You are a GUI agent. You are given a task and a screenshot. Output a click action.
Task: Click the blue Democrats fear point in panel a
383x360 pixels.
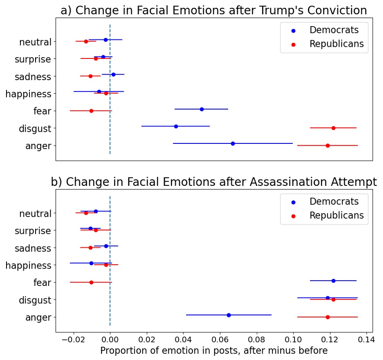pyautogui.click(x=202, y=109)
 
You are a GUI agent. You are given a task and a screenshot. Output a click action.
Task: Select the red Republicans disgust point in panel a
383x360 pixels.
pyautogui.click(x=333, y=128)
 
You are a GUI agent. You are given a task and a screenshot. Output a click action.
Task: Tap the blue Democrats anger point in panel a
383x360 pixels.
pyautogui.click(x=233, y=143)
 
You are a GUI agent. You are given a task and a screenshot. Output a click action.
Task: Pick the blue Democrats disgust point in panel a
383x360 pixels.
pyautogui.click(x=176, y=126)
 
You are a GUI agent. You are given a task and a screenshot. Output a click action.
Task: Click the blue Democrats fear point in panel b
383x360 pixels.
pyautogui.click(x=333, y=281)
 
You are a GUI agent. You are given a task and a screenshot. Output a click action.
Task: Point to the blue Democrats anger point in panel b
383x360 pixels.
pyautogui.click(x=229, y=315)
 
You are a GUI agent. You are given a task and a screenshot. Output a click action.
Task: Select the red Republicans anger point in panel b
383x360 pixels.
pyautogui.click(x=327, y=317)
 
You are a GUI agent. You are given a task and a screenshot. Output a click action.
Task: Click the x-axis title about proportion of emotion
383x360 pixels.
pyautogui.click(x=214, y=350)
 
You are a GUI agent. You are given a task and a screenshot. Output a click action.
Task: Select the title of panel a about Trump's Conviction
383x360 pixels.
pyautogui.click(x=213, y=10)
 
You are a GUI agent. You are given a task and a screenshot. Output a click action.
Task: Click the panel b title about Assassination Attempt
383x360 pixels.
pyautogui.click(x=214, y=182)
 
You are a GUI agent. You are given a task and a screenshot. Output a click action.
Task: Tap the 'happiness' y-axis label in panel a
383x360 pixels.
pyautogui.click(x=29, y=94)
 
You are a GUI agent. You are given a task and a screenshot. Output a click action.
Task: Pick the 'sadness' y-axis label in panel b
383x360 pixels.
pyautogui.click(x=33, y=248)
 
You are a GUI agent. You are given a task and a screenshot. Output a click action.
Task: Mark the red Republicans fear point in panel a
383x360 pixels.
pyautogui.click(x=91, y=111)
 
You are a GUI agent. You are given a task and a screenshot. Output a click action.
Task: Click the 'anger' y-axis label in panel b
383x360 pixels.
pyautogui.click(x=38, y=318)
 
